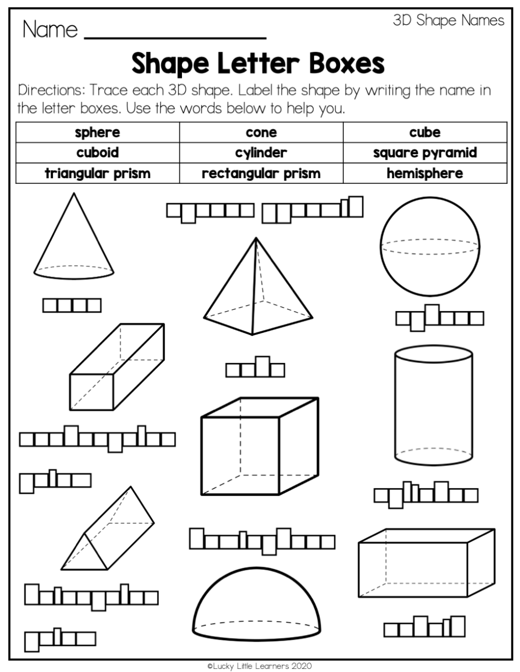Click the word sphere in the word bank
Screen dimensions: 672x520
(98, 132)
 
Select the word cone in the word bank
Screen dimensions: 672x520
(261, 132)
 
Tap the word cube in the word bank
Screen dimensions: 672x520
(424, 132)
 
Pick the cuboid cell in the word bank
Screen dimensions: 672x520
(98, 153)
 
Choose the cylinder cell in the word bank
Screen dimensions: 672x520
(261, 153)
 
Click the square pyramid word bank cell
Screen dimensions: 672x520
(424, 153)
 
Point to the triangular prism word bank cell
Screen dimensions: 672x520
(98, 173)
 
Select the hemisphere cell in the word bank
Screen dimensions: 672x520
(424, 173)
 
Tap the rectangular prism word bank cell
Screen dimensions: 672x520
(261, 173)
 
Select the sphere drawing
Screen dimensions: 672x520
(430, 247)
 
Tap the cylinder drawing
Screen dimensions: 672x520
(434, 405)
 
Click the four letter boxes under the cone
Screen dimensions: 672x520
(72, 305)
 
